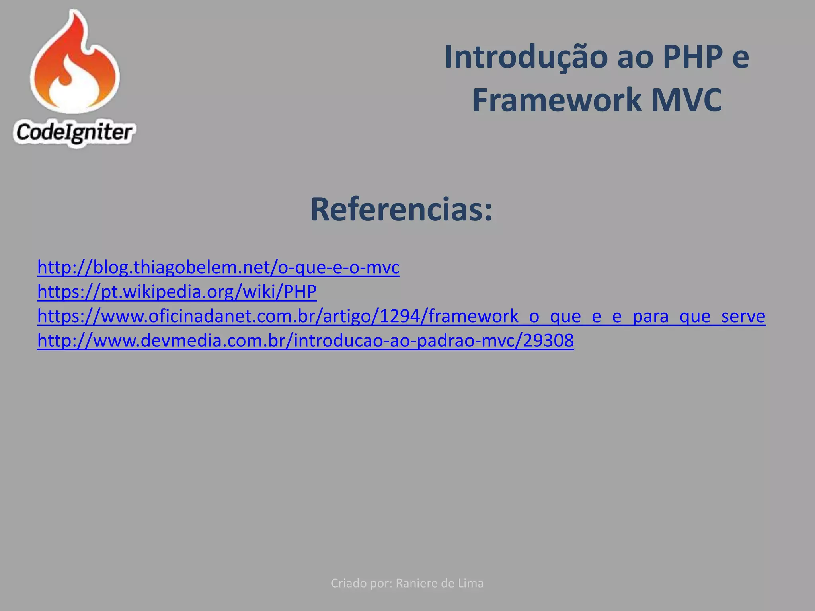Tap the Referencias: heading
(401, 210)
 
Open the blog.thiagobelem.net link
(218, 267)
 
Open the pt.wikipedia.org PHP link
(177, 292)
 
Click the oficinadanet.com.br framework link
(401, 316)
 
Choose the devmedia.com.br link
(305, 341)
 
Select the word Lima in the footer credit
(474, 583)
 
